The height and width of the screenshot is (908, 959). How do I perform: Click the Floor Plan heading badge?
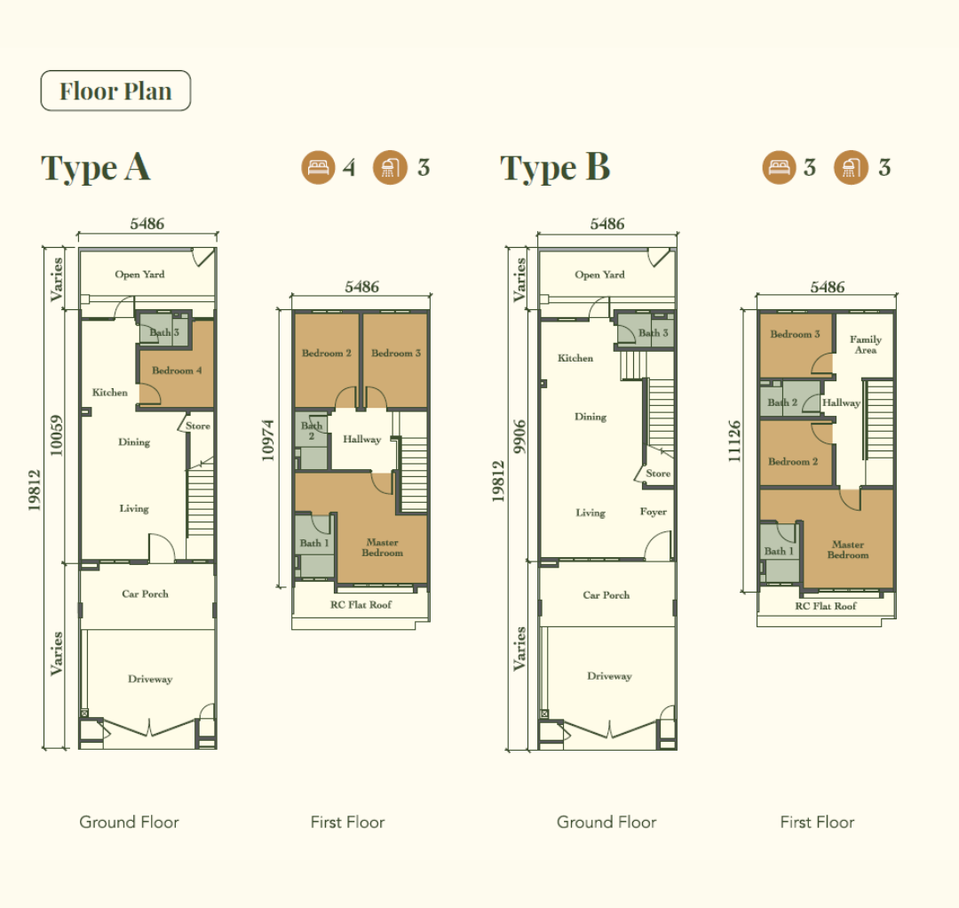point(115,91)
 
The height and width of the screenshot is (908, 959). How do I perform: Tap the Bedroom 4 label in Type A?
point(177,370)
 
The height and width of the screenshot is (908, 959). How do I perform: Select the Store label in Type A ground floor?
point(197,426)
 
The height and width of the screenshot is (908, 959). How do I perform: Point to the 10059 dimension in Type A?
point(56,435)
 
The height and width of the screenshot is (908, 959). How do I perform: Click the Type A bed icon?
point(318,167)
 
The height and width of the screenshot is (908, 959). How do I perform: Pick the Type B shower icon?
point(851,167)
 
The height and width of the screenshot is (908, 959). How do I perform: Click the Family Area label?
point(866,345)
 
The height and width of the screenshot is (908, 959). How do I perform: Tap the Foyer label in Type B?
point(654,512)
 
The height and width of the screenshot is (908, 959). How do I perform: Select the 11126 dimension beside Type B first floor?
point(734,442)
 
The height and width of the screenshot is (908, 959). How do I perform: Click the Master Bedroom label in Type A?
point(382,547)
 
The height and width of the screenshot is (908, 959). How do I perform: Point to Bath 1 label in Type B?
point(779,551)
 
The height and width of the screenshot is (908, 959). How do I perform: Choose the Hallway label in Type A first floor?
point(362,439)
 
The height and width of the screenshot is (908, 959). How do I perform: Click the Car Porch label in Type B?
point(606,594)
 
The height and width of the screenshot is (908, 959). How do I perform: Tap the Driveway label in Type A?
point(150,679)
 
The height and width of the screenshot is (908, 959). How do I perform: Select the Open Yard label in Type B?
point(599,275)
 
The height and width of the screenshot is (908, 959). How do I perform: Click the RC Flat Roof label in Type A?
point(361,604)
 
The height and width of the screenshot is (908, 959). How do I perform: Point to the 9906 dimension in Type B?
point(519,437)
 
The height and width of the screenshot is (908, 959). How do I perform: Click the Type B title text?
point(555,167)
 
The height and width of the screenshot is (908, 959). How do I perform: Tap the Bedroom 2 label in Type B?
point(793,461)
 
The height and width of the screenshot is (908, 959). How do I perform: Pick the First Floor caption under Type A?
point(347,822)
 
